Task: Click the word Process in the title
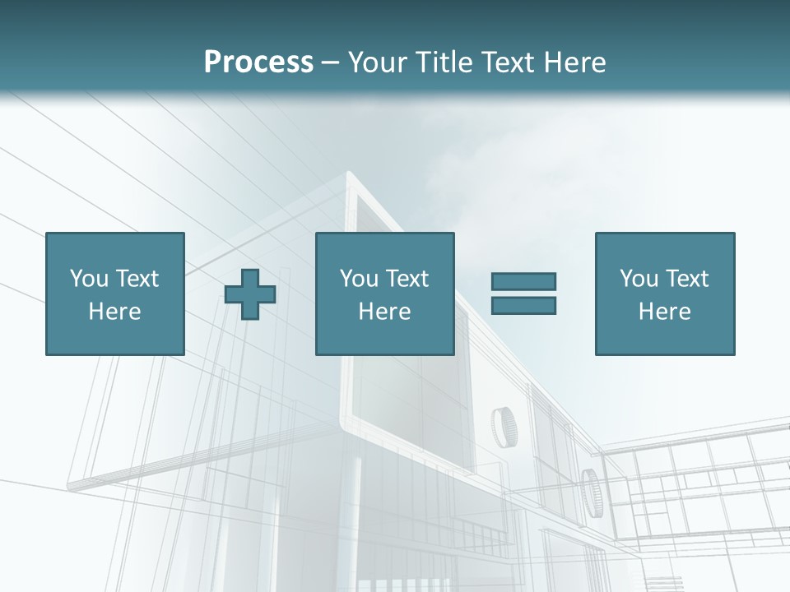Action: pyautogui.click(x=258, y=62)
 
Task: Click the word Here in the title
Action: pyautogui.click(x=574, y=62)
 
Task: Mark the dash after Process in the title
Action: pyautogui.click(x=330, y=63)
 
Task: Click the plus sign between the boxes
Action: pyautogui.click(x=250, y=294)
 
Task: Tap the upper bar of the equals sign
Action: pyautogui.click(x=523, y=282)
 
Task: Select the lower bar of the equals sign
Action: pyautogui.click(x=523, y=305)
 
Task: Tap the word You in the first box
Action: pyautogui.click(x=89, y=279)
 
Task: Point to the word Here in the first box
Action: pyautogui.click(x=115, y=312)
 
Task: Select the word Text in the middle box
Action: pyautogui.click(x=407, y=279)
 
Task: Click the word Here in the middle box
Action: pyautogui.click(x=384, y=312)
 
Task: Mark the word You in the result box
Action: pyautogui.click(x=639, y=279)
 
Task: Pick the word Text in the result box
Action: pyautogui.click(x=687, y=279)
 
